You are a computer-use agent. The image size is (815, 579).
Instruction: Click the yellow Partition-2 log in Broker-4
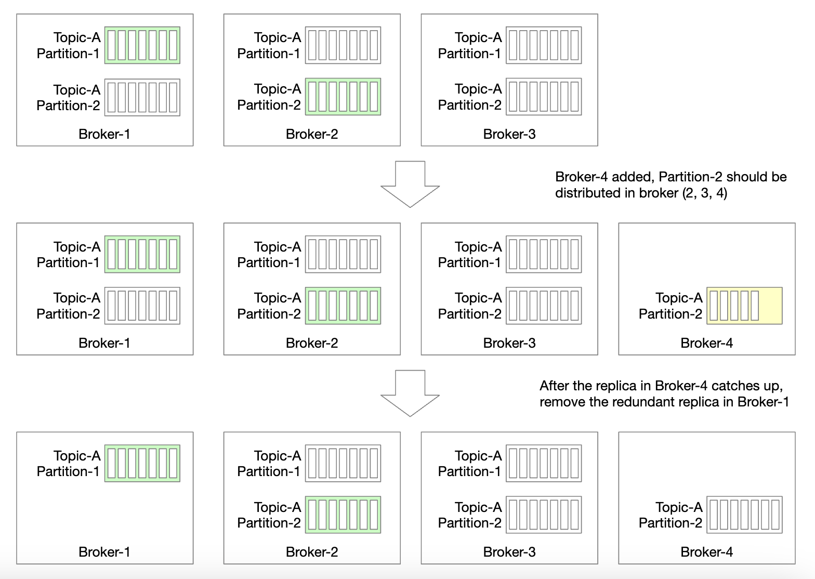(x=744, y=306)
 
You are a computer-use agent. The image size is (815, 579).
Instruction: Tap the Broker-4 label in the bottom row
(x=706, y=552)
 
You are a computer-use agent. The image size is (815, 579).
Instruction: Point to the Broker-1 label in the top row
(x=104, y=134)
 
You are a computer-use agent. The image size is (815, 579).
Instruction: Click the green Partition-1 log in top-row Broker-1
(x=142, y=45)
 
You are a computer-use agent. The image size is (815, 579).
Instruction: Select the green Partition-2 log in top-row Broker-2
(x=343, y=97)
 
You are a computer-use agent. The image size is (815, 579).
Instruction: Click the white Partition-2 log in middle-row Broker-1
(x=142, y=306)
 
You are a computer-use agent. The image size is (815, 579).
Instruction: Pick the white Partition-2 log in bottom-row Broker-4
(x=744, y=515)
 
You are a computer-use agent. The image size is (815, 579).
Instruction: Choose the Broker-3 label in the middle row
(x=509, y=343)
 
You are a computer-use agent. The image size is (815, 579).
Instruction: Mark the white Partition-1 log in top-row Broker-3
(x=544, y=45)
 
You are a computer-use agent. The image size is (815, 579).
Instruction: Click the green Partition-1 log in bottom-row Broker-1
(x=142, y=463)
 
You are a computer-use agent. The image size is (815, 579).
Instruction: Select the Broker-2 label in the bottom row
(x=311, y=552)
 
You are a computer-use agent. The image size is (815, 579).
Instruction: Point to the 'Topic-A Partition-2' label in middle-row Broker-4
(x=671, y=306)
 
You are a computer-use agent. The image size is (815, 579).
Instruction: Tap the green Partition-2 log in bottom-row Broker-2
(x=343, y=515)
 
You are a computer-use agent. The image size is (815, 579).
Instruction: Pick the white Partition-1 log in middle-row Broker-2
(x=343, y=254)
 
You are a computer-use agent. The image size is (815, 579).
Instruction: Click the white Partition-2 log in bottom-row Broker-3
(x=544, y=515)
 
